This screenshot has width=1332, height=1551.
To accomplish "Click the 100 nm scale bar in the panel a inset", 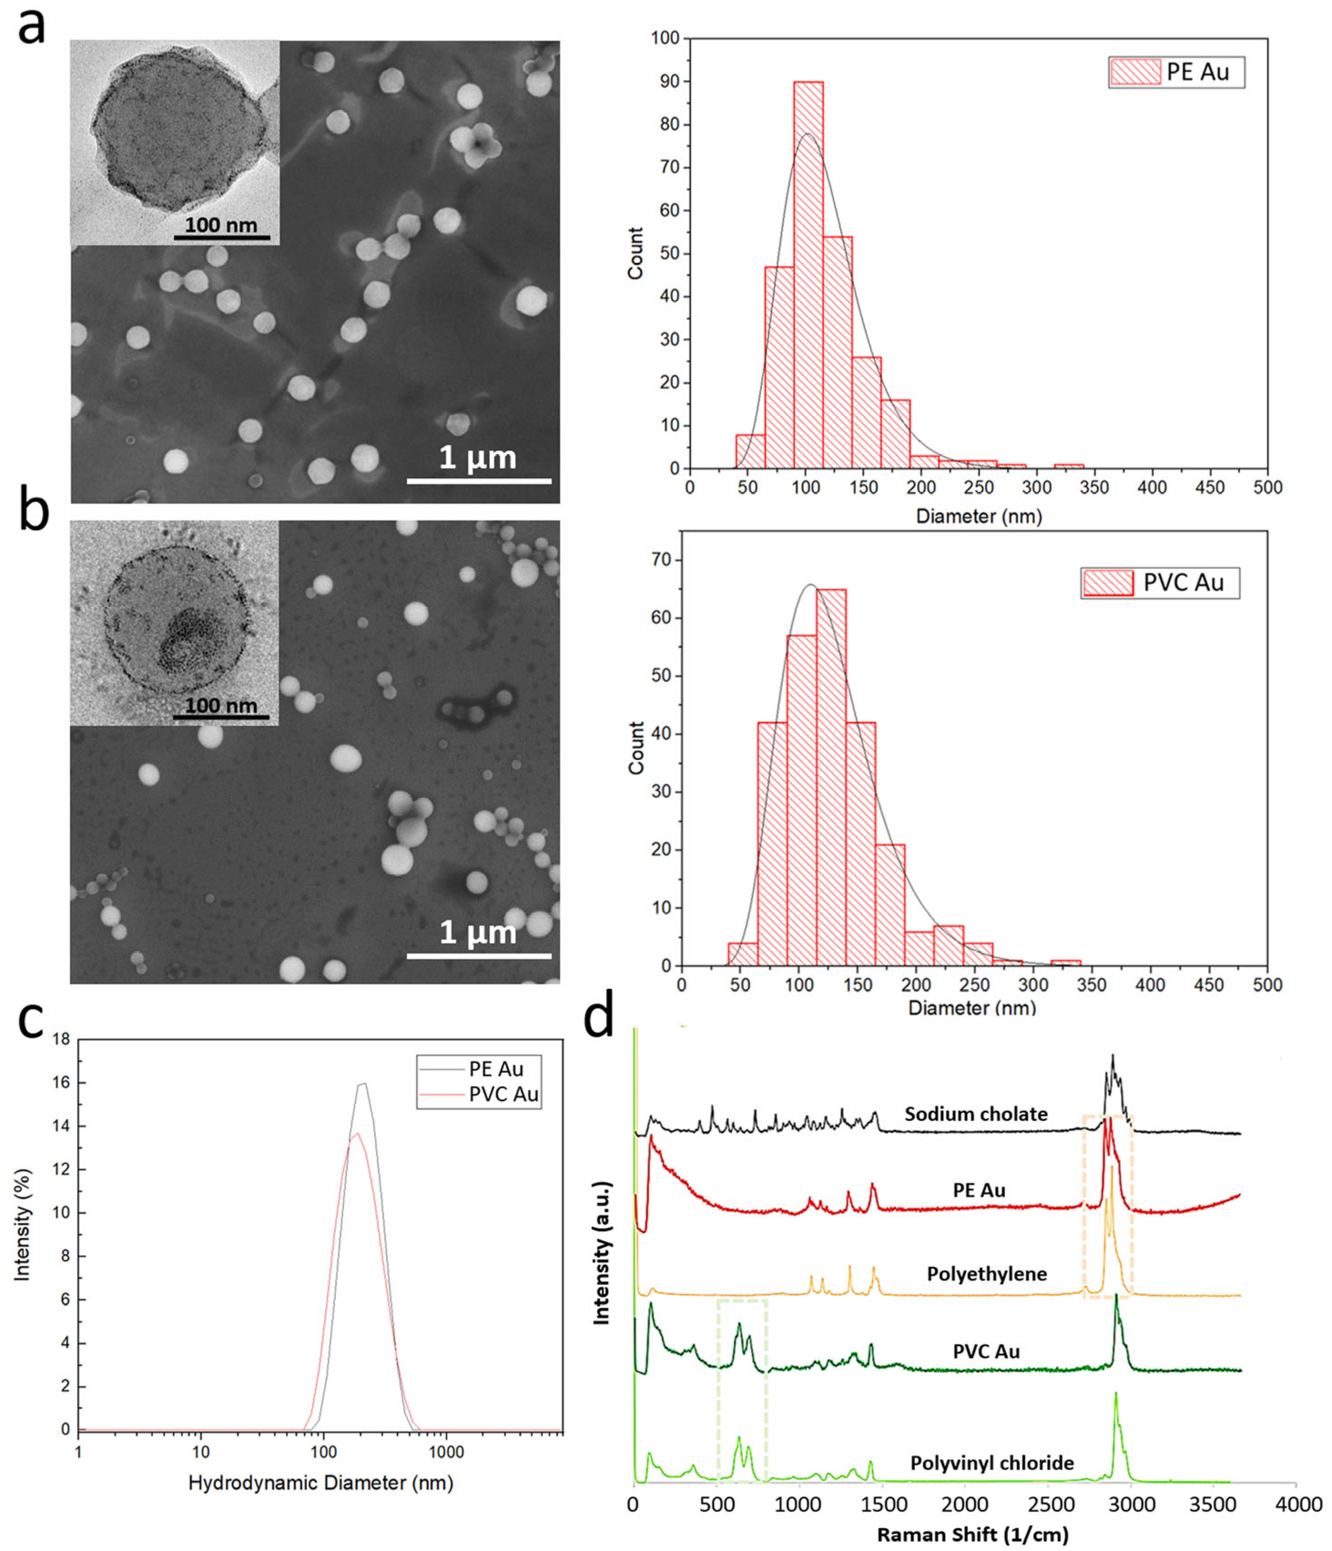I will click(222, 237).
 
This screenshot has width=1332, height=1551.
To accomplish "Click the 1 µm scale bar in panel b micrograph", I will click(479, 955).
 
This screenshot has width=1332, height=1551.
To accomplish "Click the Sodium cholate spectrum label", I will click(976, 1114).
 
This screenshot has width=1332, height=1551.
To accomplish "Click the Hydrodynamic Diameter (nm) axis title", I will click(320, 1483).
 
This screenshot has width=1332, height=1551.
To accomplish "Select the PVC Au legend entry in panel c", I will click(503, 1095).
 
